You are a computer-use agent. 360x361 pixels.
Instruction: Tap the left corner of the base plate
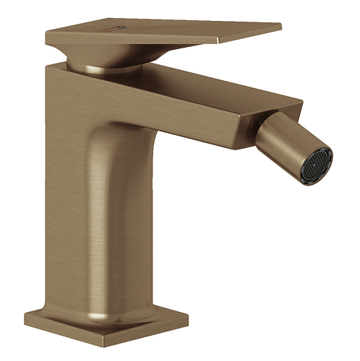tap(27, 318)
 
